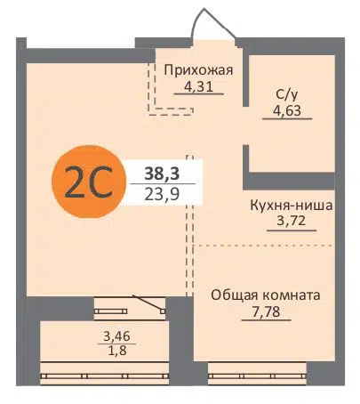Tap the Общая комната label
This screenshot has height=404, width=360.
265,295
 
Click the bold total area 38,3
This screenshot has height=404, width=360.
159,174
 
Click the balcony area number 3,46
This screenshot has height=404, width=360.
116,335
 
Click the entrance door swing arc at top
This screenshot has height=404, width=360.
213,22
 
